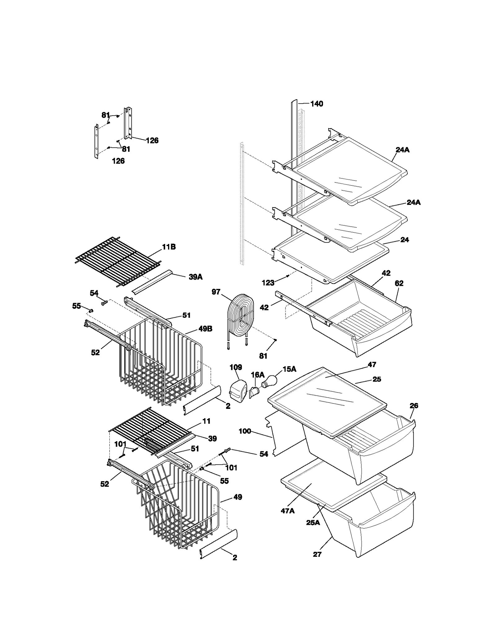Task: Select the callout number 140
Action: pyautogui.click(x=317, y=104)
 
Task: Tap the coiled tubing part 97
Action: pyautogui.click(x=241, y=316)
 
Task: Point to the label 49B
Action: pyautogui.click(x=206, y=329)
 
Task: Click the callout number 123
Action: pyautogui.click(x=268, y=283)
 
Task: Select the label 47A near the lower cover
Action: pyautogui.click(x=287, y=511)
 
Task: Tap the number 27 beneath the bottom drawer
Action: pyautogui.click(x=317, y=554)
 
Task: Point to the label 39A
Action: pyautogui.click(x=195, y=277)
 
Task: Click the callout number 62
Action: pyautogui.click(x=399, y=283)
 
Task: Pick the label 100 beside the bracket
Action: pyautogui.click(x=245, y=431)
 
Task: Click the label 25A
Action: pyautogui.click(x=313, y=523)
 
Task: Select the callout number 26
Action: pyautogui.click(x=414, y=405)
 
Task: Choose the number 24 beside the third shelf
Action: pyautogui.click(x=405, y=240)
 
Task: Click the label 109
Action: pyautogui.click(x=236, y=367)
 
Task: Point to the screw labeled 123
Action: pyautogui.click(x=288, y=275)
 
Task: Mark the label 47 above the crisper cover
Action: pyautogui.click(x=372, y=365)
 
